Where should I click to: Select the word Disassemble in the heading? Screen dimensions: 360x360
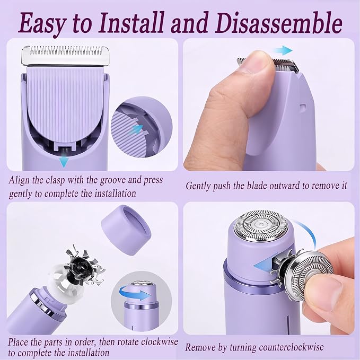pos(278,22)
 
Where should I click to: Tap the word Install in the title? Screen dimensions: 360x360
pos(131,22)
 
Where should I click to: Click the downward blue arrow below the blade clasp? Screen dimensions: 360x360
pos(64,161)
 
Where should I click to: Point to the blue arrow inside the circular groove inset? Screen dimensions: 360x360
pos(137,130)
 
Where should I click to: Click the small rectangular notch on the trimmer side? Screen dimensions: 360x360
pos(303,107)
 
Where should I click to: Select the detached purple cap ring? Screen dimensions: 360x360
pos(126,230)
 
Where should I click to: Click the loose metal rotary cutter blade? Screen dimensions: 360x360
pos(84,266)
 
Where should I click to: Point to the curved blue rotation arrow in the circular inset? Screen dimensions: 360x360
pos(135,292)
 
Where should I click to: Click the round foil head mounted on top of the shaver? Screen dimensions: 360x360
pos(261,225)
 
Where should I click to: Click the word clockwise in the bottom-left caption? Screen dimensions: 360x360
pos(160,341)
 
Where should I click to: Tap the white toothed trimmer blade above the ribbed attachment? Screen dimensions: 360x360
pos(65,55)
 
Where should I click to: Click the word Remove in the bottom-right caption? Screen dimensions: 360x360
pos(200,347)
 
